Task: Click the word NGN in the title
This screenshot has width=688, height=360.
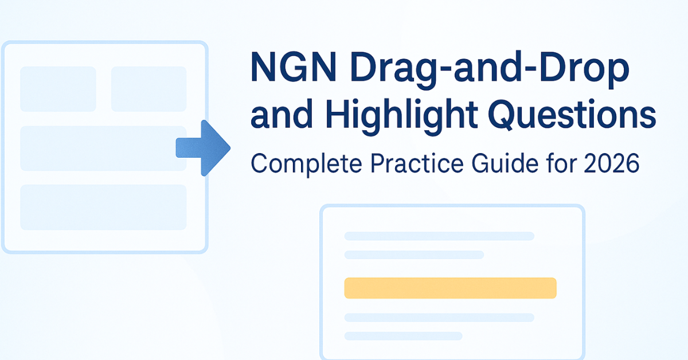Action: coord(294,68)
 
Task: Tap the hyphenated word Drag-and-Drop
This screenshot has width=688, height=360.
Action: coord(490,71)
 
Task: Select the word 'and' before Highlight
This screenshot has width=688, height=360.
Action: coord(282,114)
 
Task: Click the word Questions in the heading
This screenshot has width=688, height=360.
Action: coord(572,115)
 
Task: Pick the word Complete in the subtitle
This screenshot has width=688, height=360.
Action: coord(306,165)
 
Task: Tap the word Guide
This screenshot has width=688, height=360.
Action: coord(505,163)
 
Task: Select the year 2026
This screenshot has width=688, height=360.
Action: coord(612,163)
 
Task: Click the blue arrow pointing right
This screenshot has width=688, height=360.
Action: coord(203,148)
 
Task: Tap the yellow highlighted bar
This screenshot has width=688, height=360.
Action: coord(450,288)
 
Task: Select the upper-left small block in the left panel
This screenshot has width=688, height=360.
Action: coord(58,89)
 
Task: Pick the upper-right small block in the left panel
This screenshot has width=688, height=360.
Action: coord(148,89)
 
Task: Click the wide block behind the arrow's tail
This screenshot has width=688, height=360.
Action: coord(103,148)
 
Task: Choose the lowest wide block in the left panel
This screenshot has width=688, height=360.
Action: coord(103,208)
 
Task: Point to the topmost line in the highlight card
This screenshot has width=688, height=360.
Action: coord(439,236)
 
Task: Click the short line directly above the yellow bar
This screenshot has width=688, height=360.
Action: coord(414,255)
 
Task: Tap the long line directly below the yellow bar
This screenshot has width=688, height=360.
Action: coord(439,318)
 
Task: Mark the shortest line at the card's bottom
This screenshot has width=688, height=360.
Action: coord(403,336)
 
